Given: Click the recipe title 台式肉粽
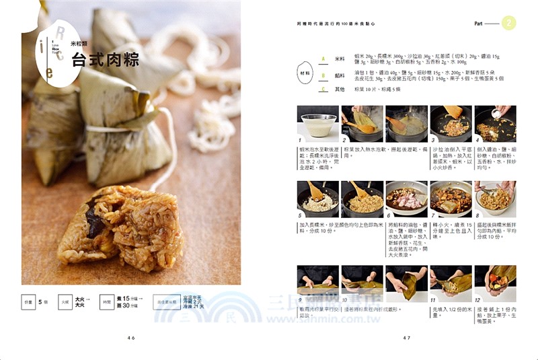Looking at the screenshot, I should pos(106,60).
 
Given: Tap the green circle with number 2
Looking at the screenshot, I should pos(509,24).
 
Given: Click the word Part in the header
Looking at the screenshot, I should pos(479,24).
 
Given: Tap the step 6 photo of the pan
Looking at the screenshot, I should pos(406,198).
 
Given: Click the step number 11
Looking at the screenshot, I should pos(434,301).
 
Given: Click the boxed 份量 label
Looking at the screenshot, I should pos(29,303).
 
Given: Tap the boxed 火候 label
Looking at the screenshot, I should pos(65,303).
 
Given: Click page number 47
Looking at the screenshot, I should pos(406,338).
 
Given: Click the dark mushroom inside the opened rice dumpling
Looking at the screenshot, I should pos(96,222).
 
